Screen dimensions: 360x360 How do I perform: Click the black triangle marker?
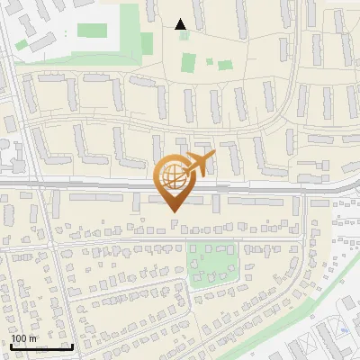pyautogui.click(x=181, y=24)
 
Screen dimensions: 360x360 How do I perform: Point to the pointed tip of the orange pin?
pyautogui.click(x=172, y=211)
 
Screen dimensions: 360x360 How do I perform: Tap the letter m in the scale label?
pyautogui.click(x=32, y=338)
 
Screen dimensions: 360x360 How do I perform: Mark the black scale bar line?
pyautogui.click(x=41, y=346)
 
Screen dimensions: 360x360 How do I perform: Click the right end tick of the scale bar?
pyautogui.click(x=72, y=345)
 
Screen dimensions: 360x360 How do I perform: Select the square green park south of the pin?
pyautogui.click(x=214, y=261)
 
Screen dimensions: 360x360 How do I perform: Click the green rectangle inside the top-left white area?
pyautogui.click(x=93, y=31)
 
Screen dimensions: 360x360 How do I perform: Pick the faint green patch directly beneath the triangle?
pyautogui.click(x=184, y=36)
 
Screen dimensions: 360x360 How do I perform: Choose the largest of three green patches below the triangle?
pyautogui.click(x=188, y=63)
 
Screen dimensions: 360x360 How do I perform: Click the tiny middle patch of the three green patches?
pyautogui.click(x=209, y=62)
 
